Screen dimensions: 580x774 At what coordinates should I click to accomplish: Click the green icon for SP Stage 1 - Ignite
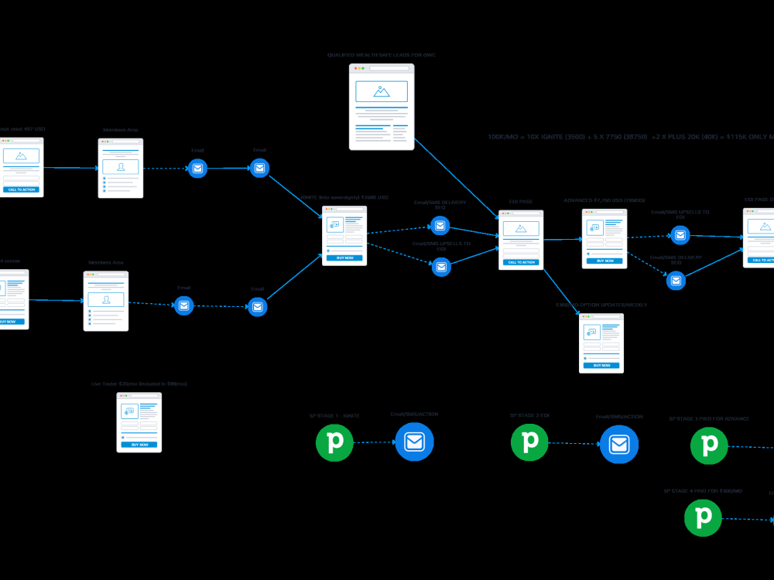(x=334, y=443)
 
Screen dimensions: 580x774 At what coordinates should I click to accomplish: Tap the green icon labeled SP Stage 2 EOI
(x=530, y=442)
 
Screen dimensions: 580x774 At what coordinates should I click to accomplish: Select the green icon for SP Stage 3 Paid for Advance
(x=709, y=445)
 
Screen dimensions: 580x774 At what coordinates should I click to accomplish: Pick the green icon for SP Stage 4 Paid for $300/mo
(x=703, y=517)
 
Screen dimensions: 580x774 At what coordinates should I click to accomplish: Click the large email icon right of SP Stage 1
(x=415, y=442)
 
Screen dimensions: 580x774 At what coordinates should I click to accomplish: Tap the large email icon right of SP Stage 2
(x=618, y=445)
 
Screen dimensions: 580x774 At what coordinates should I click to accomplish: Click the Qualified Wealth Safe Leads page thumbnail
(x=382, y=107)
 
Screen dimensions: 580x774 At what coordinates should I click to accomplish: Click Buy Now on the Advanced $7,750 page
(x=604, y=261)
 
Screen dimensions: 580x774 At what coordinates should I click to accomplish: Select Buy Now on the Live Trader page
(x=139, y=445)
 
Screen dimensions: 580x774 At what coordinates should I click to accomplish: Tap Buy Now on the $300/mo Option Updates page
(x=601, y=365)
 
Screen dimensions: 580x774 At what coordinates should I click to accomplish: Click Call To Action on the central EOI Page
(x=521, y=262)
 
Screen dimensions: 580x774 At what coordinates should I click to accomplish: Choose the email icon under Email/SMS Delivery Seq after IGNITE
(x=440, y=226)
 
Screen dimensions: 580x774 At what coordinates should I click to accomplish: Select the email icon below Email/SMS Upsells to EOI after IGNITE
(x=441, y=267)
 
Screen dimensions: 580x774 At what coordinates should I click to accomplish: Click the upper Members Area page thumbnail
(x=121, y=168)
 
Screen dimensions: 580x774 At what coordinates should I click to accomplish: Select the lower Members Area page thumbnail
(x=106, y=301)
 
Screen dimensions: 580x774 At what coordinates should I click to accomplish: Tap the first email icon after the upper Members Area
(x=197, y=168)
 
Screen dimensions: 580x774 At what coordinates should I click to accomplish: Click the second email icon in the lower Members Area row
(x=258, y=307)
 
